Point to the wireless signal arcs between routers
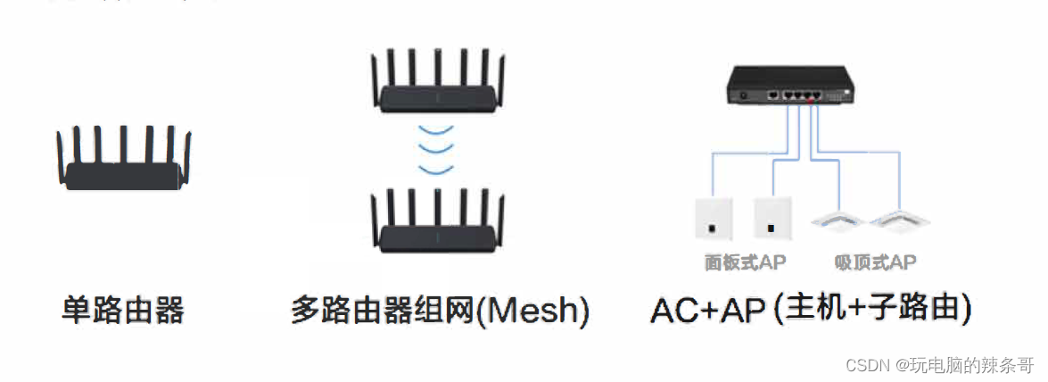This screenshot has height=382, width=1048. [x=436, y=150]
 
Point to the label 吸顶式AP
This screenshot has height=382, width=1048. [x=875, y=262]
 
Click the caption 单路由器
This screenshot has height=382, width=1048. [x=123, y=311]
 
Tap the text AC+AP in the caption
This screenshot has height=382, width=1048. [x=707, y=311]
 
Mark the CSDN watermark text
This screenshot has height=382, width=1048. [x=937, y=365]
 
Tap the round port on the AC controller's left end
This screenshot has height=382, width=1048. [x=740, y=93]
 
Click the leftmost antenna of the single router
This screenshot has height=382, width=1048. [x=60, y=157]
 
